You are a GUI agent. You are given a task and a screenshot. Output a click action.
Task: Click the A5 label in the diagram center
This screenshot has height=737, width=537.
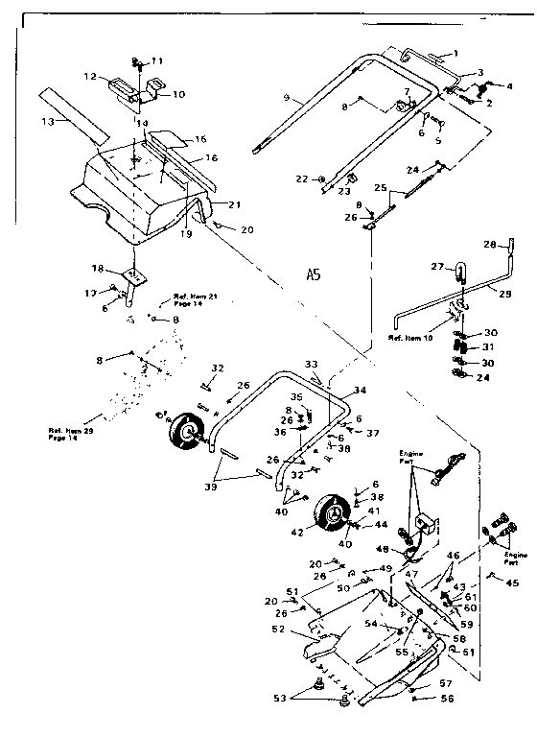tap(314, 274)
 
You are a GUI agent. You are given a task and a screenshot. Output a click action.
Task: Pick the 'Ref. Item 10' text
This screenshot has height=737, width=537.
tap(408, 338)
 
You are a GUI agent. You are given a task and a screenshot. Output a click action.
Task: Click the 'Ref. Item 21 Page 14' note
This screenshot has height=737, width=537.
tap(195, 299)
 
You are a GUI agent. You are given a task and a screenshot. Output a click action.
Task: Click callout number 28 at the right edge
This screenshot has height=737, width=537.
tap(489, 245)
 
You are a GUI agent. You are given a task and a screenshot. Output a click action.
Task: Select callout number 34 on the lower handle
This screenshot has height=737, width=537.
tap(360, 390)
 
